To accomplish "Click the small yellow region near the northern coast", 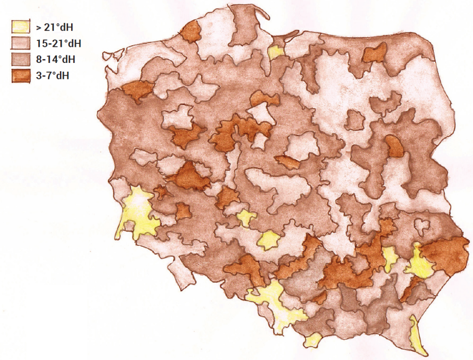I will [276, 52].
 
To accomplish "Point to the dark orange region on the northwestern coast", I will [191, 32].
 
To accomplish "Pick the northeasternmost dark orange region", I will [374, 53].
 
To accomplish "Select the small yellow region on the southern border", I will [312, 340].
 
